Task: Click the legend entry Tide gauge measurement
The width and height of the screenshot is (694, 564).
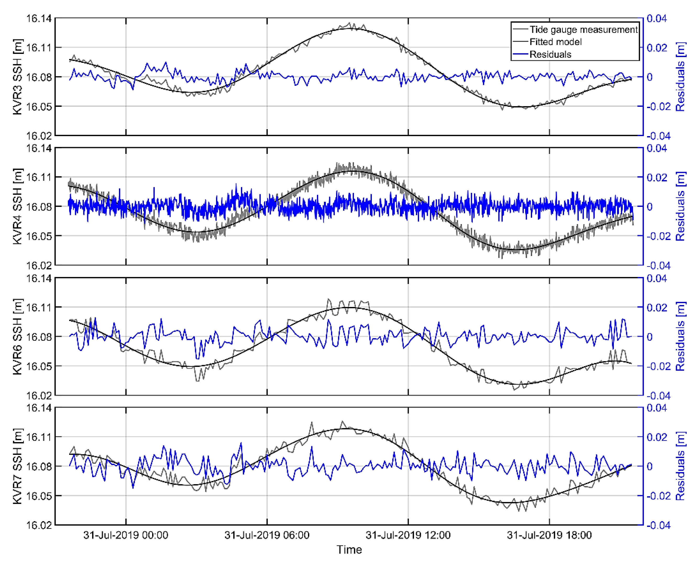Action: (x=583, y=30)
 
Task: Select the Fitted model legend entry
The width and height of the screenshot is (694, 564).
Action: (x=555, y=42)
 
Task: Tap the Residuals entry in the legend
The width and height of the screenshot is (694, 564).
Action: (x=550, y=54)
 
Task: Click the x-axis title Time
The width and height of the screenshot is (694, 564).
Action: (x=349, y=550)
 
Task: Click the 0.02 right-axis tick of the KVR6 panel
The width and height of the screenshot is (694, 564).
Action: (x=657, y=307)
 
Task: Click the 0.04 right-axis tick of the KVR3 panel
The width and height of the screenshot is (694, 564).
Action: (x=657, y=19)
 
